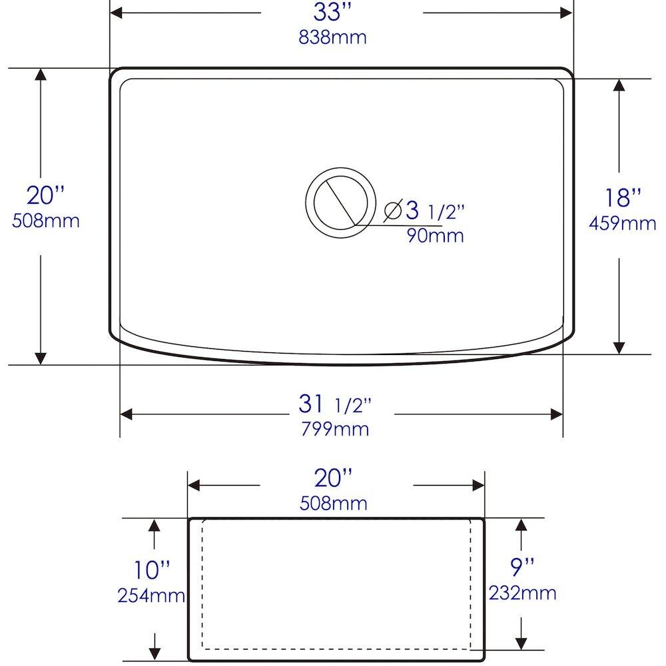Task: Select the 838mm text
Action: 332,37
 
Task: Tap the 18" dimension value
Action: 623,198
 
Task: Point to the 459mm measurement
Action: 622,224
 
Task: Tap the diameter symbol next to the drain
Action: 392,211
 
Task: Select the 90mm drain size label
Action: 435,235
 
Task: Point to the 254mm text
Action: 151,595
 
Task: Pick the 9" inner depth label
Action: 522,567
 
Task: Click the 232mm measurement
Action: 522,592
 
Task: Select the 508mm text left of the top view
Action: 46,220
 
